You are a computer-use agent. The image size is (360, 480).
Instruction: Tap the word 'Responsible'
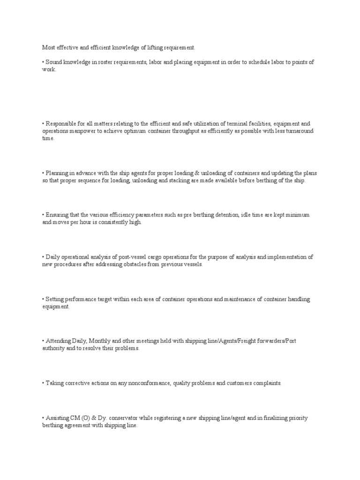[61, 124]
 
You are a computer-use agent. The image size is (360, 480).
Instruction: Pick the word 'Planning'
[58, 173]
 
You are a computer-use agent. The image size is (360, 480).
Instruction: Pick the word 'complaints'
[265, 383]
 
